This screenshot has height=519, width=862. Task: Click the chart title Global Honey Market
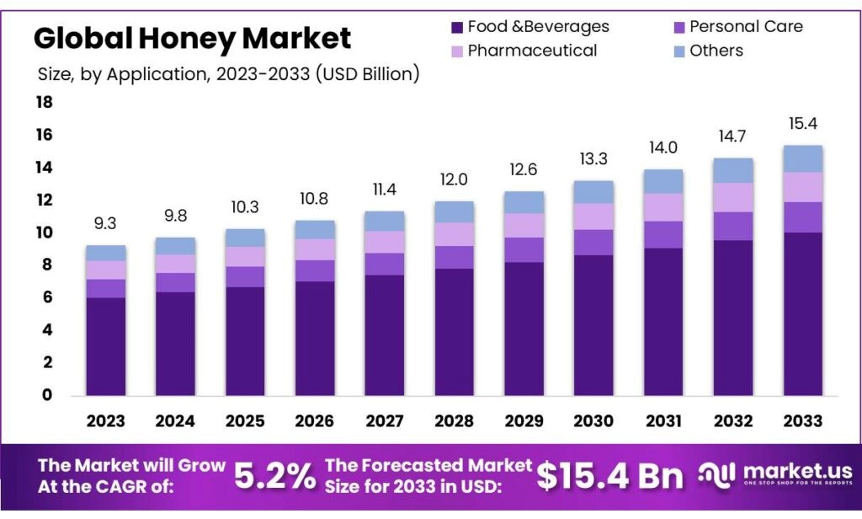pyautogui.click(x=192, y=38)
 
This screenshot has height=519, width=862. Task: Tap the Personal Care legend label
pyautogui.click(x=746, y=27)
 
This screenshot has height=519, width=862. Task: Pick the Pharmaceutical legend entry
pyautogui.click(x=532, y=51)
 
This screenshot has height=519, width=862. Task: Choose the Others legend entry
pyautogui.click(x=716, y=51)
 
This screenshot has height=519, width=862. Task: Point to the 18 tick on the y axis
pyautogui.click(x=44, y=103)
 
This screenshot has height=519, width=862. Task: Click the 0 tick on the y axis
pyautogui.click(x=47, y=395)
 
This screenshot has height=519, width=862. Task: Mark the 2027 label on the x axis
pyautogui.click(x=385, y=421)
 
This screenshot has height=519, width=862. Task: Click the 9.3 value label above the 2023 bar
pyautogui.click(x=105, y=224)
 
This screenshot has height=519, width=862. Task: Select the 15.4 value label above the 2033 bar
pyautogui.click(x=802, y=124)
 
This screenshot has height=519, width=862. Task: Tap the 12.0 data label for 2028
pyautogui.click(x=455, y=179)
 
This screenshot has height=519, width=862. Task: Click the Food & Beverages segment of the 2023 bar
pyautogui.click(x=105, y=346)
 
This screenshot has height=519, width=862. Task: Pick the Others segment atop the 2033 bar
pyautogui.click(x=802, y=158)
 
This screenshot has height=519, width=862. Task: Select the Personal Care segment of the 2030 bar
pyautogui.click(x=593, y=243)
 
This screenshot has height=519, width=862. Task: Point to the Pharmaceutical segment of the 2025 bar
pyautogui.click(x=245, y=257)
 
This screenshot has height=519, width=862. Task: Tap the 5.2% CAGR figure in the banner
pyautogui.click(x=274, y=477)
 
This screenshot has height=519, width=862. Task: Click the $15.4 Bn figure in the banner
pyautogui.click(x=609, y=477)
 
